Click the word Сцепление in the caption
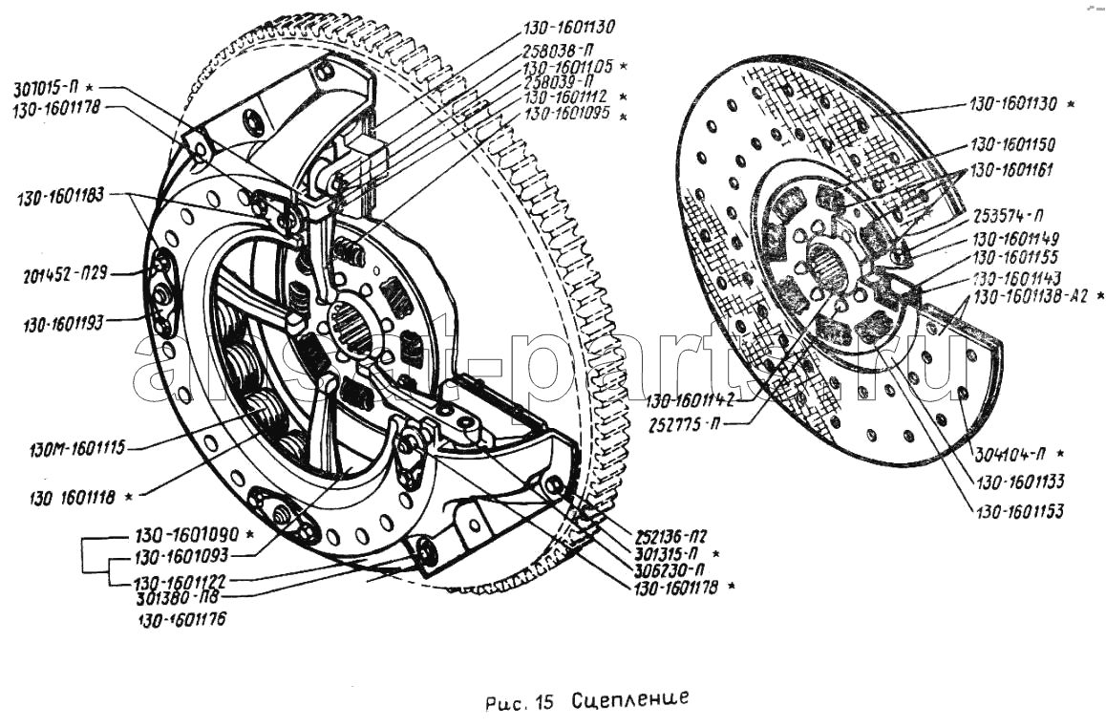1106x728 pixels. (x=630, y=700)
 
